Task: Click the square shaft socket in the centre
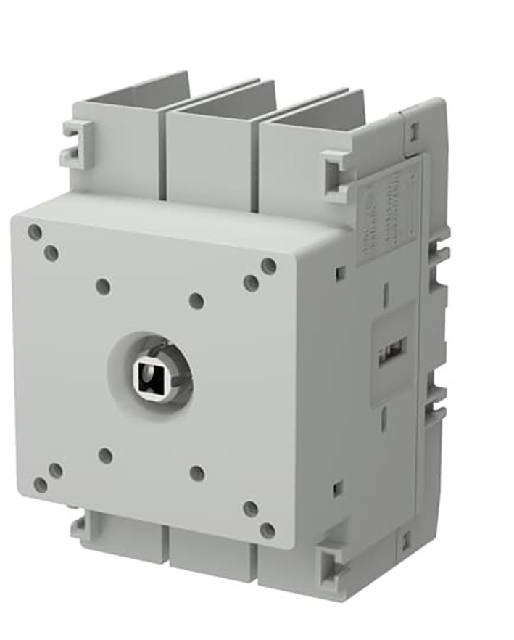149,375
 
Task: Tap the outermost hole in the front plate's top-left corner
35,232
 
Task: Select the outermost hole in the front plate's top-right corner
269,266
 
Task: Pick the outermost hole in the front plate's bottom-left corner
41,485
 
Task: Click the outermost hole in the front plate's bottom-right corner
268,530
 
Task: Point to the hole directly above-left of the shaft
103,287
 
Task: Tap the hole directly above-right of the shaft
196,300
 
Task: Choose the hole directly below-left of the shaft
105,456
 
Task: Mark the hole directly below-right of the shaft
196,474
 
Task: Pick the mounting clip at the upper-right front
338,173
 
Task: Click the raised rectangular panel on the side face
392,352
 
